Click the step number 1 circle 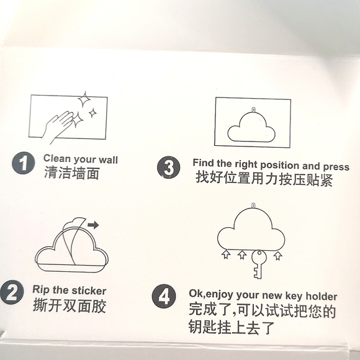coord(24,163)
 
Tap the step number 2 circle coord(12,292)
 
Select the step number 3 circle coord(169,167)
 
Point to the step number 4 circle coord(164,296)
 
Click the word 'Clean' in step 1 coord(56,158)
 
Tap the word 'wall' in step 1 coord(108,160)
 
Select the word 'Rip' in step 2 coord(41,289)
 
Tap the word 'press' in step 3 coord(336,167)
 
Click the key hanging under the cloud coord(259,264)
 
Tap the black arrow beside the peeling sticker coord(93,225)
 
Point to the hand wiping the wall coord(58,126)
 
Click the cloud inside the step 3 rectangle coord(251,127)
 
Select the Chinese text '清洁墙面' coord(71,173)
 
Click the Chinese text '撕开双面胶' coord(70,305)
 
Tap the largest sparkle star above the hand coord(84,99)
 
